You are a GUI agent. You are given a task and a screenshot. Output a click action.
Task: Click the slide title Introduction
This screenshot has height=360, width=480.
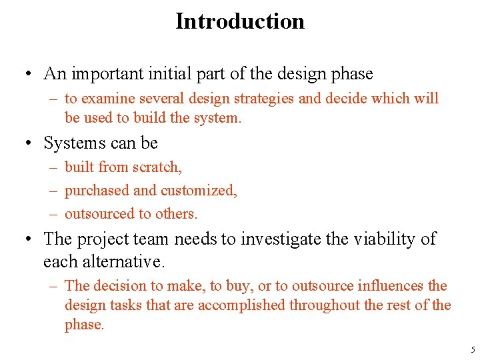[x=240, y=21]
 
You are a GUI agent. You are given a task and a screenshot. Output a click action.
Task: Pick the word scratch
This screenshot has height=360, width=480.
[x=158, y=167]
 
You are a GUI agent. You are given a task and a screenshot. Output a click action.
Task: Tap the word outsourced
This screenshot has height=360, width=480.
[x=99, y=214]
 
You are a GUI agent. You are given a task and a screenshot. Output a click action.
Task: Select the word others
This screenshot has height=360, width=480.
[x=177, y=214]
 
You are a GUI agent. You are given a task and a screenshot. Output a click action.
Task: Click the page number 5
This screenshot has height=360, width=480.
[x=473, y=350]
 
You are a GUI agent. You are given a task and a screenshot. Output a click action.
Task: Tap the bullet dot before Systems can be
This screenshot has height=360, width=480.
[x=29, y=144]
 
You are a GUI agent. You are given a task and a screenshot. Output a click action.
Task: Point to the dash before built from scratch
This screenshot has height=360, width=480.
[x=53, y=167]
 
